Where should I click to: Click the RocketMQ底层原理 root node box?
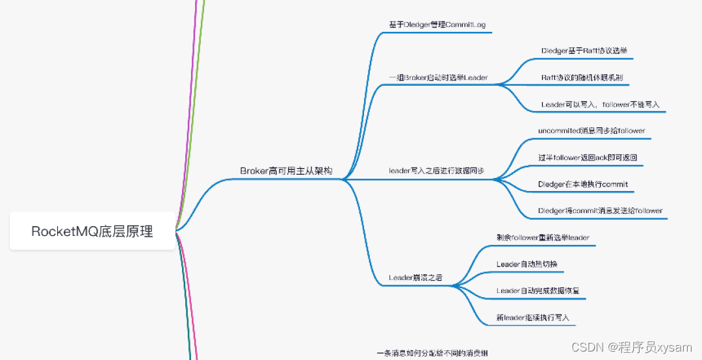click(x=92, y=231)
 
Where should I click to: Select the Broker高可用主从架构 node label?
click(x=286, y=171)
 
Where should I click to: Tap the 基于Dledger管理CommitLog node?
click(x=437, y=25)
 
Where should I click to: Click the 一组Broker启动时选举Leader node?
click(x=438, y=78)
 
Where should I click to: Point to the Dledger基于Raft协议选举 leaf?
click(x=584, y=50)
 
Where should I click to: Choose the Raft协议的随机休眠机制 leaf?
click(x=582, y=77)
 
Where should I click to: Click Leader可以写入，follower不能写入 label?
click(x=600, y=104)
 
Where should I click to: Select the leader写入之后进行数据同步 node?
click(x=436, y=171)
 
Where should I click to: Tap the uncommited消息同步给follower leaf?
click(x=591, y=131)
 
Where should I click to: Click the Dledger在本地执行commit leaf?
click(x=583, y=184)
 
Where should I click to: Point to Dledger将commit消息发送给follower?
click(x=600, y=211)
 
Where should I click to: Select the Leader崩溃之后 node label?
click(x=415, y=277)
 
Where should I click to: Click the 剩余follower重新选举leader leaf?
click(x=542, y=237)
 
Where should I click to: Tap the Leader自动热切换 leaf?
click(x=526, y=264)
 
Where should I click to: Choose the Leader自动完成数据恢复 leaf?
click(x=538, y=290)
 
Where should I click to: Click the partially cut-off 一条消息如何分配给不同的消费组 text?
click(x=432, y=354)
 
